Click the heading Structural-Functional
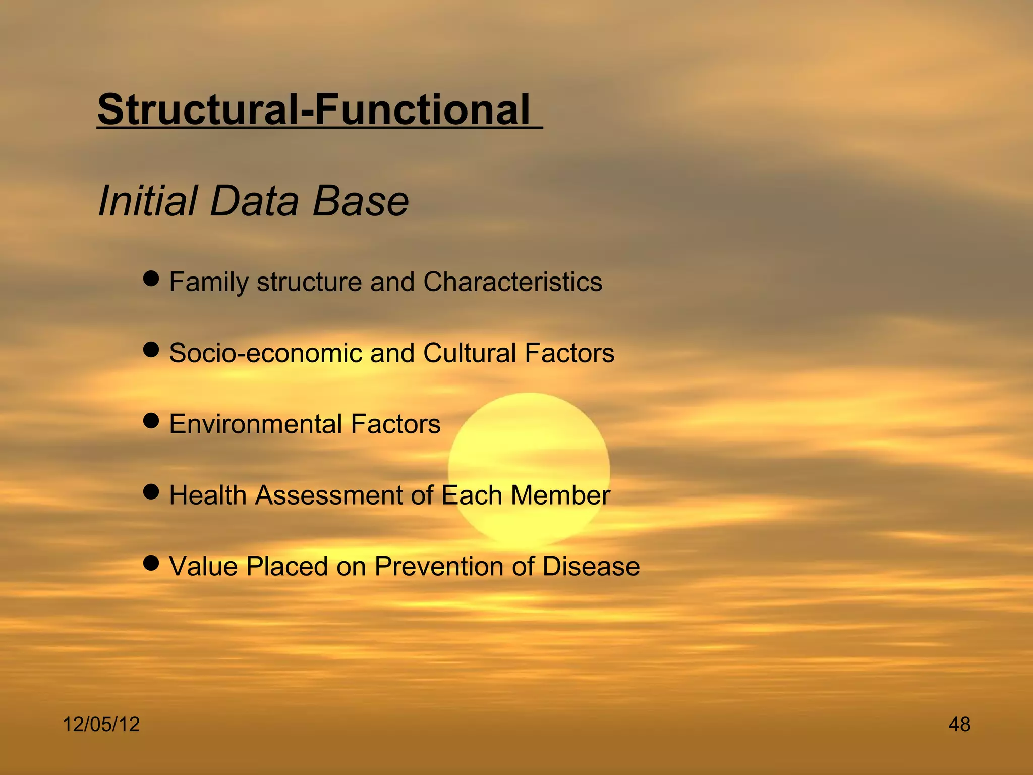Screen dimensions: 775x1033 (314, 109)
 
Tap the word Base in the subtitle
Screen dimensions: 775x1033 (360, 201)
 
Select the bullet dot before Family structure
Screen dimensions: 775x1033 (151, 278)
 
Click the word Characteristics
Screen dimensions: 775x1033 (512, 282)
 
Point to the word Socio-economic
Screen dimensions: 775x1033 (265, 353)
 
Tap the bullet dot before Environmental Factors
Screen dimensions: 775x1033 (151, 420)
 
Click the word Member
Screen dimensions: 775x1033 (560, 495)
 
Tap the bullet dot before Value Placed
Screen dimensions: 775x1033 (151, 563)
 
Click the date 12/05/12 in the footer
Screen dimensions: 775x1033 (101, 725)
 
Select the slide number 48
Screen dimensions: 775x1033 (959, 725)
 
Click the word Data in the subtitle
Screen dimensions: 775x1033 (254, 201)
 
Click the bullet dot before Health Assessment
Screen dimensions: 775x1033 (151, 491)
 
